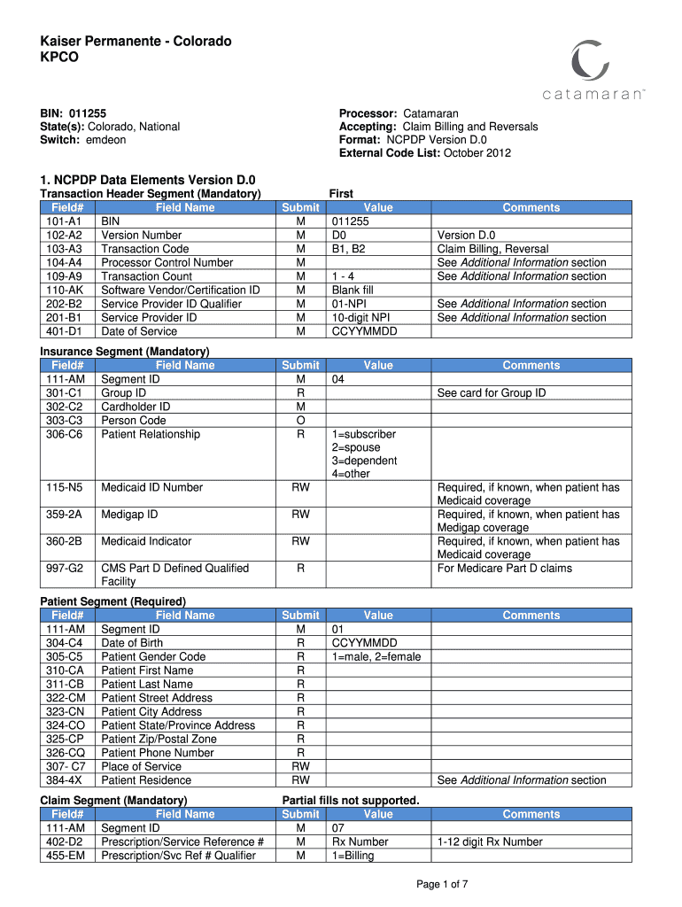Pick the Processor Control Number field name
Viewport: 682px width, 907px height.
167,262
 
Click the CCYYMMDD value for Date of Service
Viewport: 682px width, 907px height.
365,331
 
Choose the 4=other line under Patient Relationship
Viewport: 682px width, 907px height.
351,474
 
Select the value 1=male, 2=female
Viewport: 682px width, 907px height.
376,656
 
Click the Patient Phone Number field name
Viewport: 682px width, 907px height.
158,753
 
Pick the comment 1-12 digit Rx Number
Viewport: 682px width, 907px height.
490,841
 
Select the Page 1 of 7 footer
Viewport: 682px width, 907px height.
442,884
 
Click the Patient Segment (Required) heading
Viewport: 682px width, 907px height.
113,601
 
